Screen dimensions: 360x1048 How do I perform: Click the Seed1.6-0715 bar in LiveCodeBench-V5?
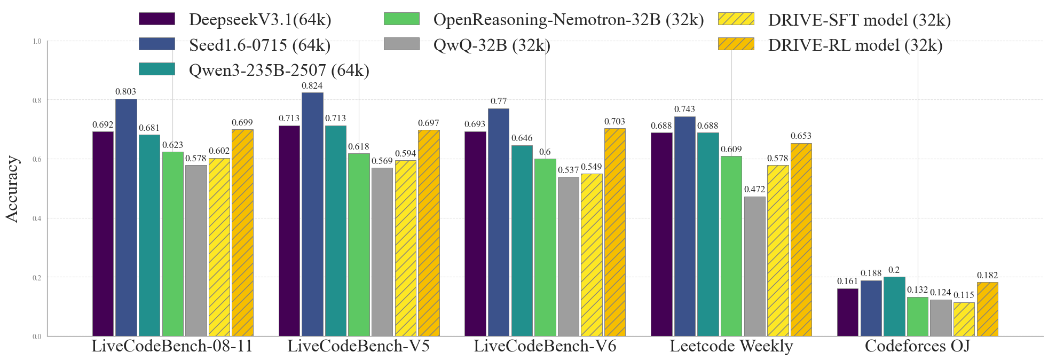[x=312, y=214]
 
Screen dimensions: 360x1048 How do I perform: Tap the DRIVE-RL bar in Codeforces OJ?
[x=987, y=309]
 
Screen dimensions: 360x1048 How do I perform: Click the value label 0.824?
[x=312, y=85]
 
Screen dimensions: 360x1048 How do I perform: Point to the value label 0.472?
[x=754, y=189]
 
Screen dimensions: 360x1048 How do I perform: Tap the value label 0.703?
[x=614, y=121]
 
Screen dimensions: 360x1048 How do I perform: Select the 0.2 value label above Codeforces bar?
[x=894, y=270]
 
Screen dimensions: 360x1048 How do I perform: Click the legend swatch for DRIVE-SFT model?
[x=736, y=19]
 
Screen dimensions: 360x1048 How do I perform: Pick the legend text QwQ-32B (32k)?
[x=491, y=45]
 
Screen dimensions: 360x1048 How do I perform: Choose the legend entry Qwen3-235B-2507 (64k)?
[x=279, y=70]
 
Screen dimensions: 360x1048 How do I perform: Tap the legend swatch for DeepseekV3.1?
[x=156, y=19]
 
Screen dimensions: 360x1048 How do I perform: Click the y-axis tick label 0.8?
[x=37, y=100]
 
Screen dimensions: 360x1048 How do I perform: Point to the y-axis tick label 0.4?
[x=37, y=218]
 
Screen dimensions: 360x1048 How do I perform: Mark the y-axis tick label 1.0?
[x=37, y=41]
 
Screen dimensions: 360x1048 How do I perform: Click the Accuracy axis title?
[x=12, y=189]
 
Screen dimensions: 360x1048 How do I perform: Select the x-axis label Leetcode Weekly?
[x=731, y=346]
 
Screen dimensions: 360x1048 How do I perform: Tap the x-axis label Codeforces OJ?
[x=917, y=346]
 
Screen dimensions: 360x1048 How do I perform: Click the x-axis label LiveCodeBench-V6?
[x=545, y=346]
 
